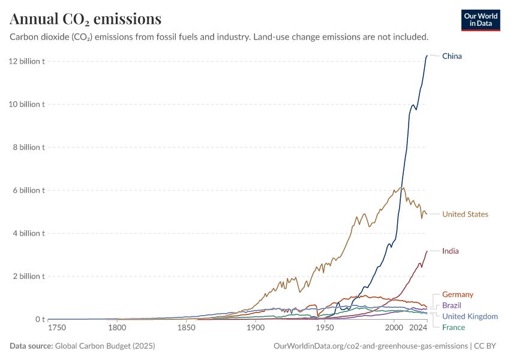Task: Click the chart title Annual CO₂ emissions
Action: click(x=85, y=19)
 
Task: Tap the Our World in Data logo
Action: click(x=480, y=20)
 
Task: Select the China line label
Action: click(x=452, y=56)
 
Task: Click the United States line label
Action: click(x=465, y=214)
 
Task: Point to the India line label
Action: click(x=450, y=251)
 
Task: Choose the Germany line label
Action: click(x=457, y=295)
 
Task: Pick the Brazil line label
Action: click(x=452, y=305)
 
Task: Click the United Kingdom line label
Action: click(x=470, y=316)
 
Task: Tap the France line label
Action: click(x=453, y=327)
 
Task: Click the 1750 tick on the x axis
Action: click(x=58, y=328)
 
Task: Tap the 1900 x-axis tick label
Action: click(x=256, y=328)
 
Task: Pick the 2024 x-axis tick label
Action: click(x=418, y=328)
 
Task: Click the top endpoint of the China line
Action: click(x=427, y=56)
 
